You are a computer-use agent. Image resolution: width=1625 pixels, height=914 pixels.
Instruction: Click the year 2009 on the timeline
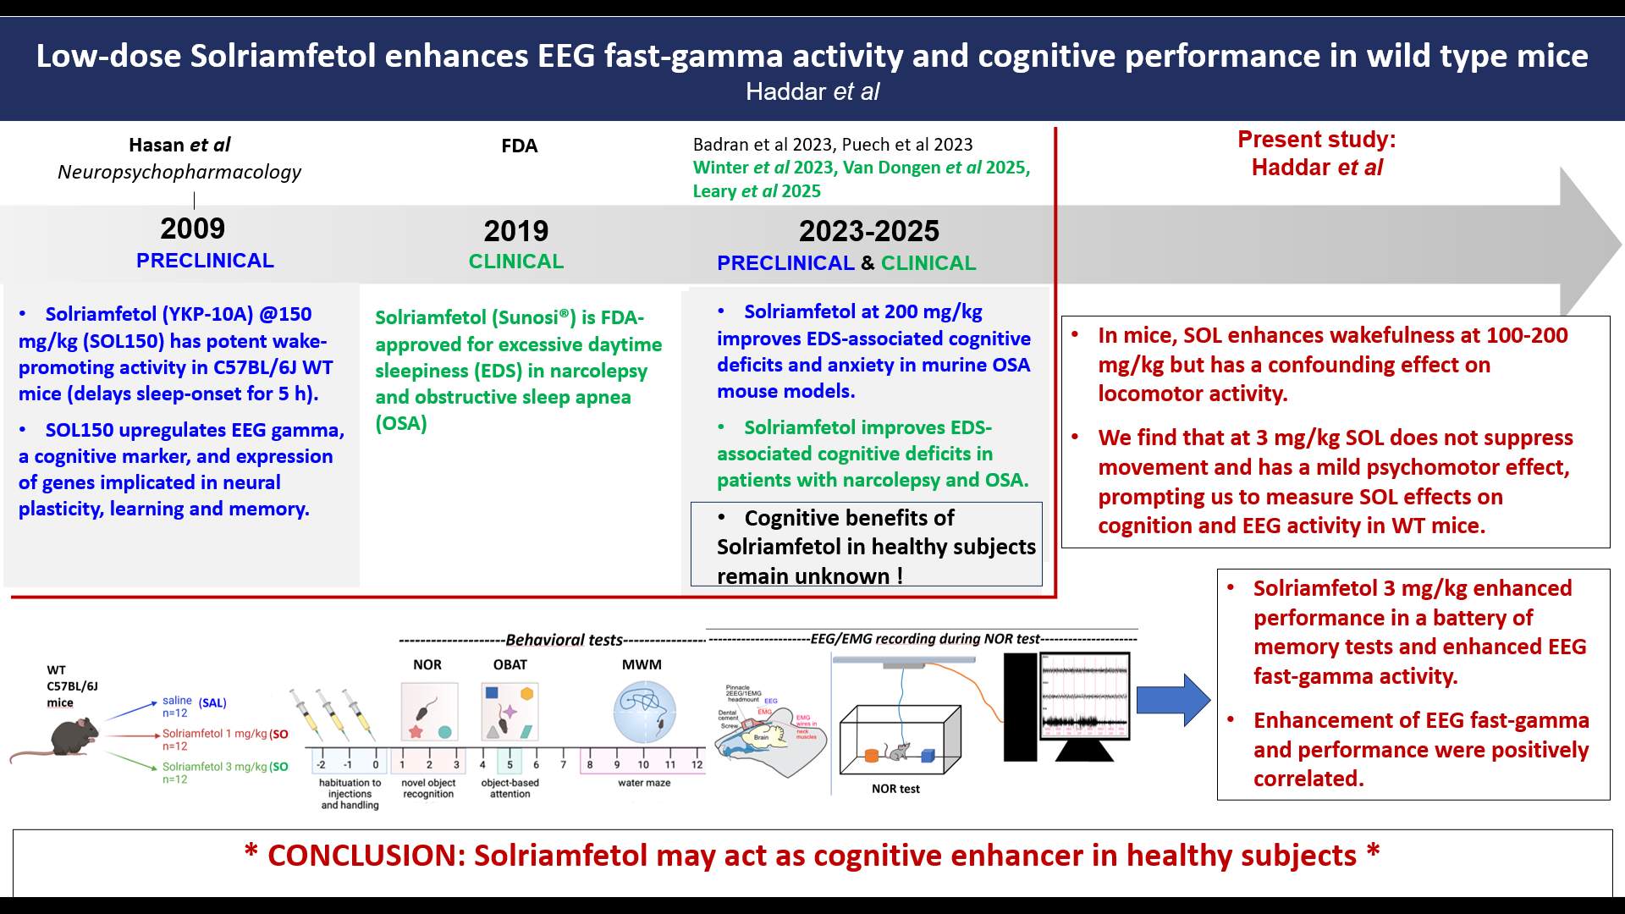[x=193, y=228]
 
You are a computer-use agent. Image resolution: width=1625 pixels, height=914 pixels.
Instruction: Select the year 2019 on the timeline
[x=516, y=231]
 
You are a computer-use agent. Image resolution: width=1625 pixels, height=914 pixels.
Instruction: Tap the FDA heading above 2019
[x=519, y=146]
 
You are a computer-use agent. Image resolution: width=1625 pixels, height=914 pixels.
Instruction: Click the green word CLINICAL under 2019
[x=516, y=262]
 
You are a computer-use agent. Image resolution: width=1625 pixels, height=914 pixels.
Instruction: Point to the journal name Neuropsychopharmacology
[x=179, y=172]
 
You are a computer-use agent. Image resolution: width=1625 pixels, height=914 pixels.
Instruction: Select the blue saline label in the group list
[x=178, y=701]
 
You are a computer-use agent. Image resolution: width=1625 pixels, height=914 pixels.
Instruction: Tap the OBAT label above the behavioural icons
[x=510, y=665]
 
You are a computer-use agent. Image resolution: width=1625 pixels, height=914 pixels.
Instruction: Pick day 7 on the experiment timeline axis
[x=563, y=764]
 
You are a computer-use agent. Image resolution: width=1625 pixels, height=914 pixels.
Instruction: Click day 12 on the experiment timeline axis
[x=697, y=764]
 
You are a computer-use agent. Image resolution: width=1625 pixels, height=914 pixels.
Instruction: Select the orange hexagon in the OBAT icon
[x=526, y=694]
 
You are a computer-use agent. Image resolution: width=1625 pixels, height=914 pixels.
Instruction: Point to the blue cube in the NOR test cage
[x=928, y=755]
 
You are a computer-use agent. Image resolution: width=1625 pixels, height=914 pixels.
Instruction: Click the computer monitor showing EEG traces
[x=1085, y=696]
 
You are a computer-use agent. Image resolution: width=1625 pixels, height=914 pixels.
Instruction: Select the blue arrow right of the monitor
[x=1172, y=700]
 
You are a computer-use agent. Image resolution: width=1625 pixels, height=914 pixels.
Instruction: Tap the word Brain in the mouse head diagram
[x=762, y=737]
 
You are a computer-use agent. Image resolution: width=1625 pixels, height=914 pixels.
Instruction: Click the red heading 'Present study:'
[x=1317, y=140]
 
